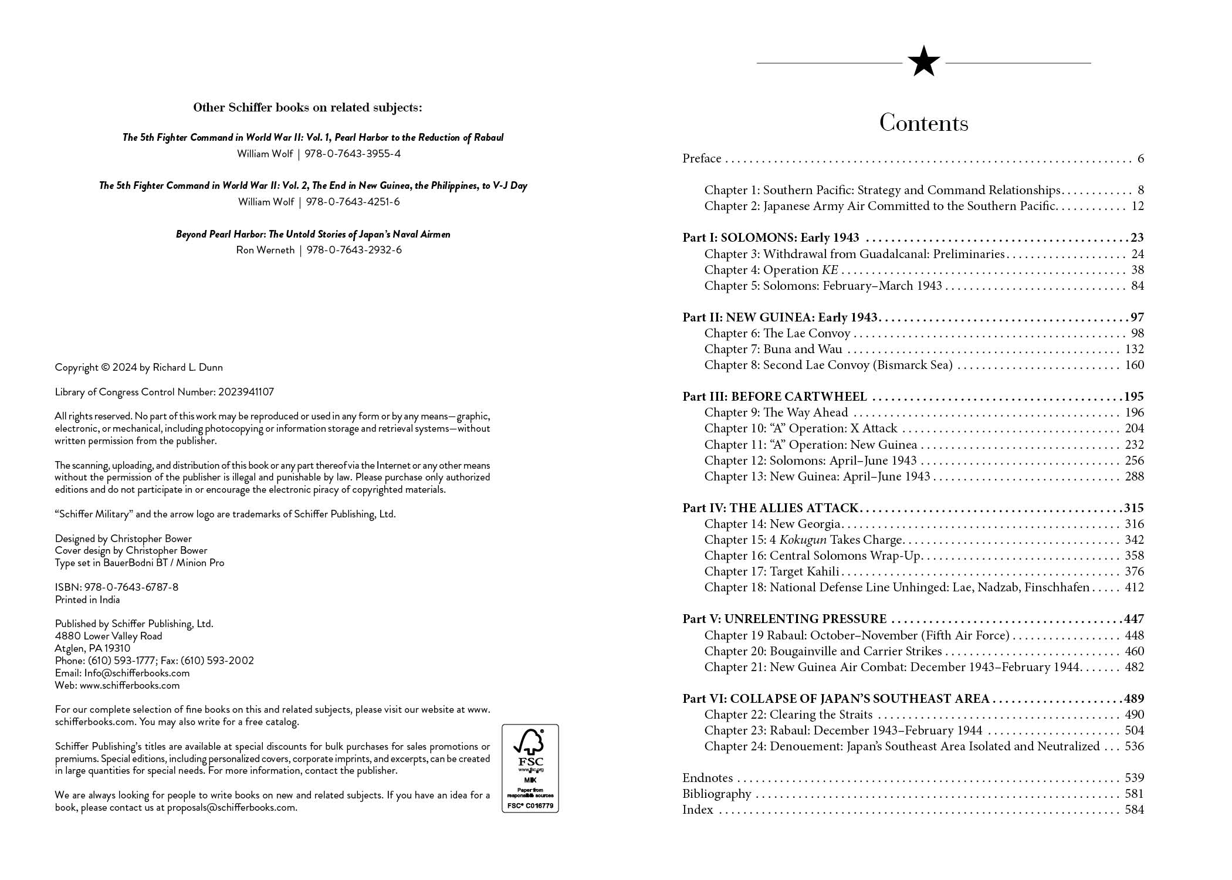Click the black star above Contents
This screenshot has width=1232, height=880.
923,62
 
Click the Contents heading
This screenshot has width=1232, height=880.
923,123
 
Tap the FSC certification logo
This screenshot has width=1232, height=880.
530,768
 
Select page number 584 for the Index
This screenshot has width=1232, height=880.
1134,810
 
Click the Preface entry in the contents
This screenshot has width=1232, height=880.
702,158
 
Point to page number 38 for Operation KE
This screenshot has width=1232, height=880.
1137,270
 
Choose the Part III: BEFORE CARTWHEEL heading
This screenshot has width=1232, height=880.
774,397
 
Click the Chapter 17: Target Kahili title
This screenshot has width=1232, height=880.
772,571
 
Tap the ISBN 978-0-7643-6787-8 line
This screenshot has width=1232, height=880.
117,587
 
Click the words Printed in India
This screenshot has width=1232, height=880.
87,600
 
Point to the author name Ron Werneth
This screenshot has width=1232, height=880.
265,250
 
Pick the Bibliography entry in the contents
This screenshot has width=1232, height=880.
716,794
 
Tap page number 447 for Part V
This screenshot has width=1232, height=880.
1133,619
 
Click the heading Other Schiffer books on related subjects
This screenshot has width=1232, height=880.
307,108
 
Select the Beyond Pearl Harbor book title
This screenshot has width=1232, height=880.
313,234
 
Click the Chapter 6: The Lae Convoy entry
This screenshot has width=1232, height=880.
777,333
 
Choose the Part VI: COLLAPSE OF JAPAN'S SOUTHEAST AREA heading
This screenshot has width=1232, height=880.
835,699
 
